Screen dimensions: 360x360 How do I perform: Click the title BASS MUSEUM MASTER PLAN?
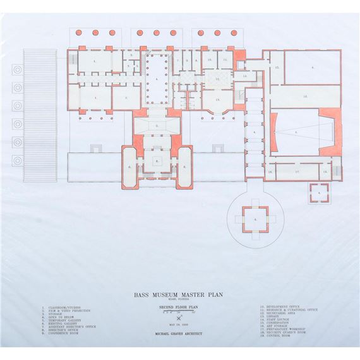179,294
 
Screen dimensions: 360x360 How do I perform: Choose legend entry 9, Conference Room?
67,332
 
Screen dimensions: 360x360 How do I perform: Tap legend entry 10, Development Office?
282,308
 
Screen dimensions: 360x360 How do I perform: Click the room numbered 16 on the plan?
304,97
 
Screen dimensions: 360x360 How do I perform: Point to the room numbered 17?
297,171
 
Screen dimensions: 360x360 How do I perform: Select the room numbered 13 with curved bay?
217,100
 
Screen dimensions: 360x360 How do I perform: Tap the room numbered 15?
277,67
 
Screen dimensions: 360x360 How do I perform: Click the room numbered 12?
217,79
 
